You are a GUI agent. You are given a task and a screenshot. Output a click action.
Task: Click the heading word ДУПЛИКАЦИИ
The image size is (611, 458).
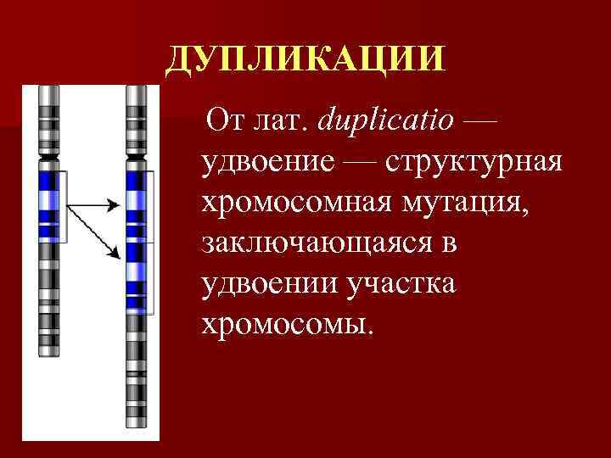pos(305,59)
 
